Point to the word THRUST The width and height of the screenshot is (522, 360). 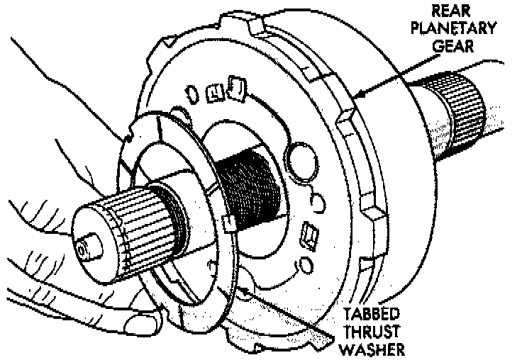coord(371,332)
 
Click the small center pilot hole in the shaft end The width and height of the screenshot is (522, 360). coord(84,249)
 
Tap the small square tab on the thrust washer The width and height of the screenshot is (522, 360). coord(228,225)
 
